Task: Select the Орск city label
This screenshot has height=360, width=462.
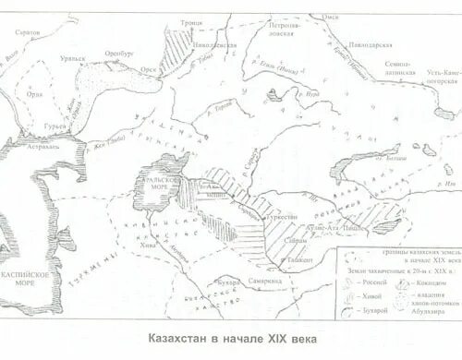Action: coord(148,68)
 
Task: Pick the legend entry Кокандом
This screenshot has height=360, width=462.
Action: coord(428,283)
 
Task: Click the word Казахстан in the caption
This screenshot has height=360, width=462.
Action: coord(179,338)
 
